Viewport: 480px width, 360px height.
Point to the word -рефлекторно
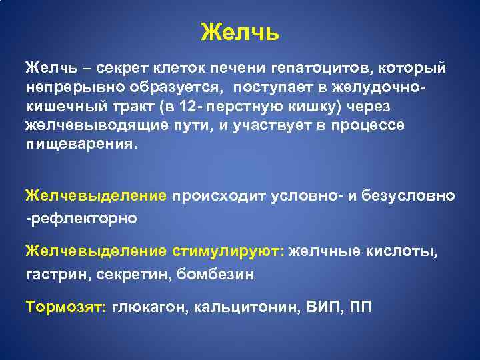click(x=81, y=218)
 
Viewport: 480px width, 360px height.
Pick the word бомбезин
click(x=215, y=273)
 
